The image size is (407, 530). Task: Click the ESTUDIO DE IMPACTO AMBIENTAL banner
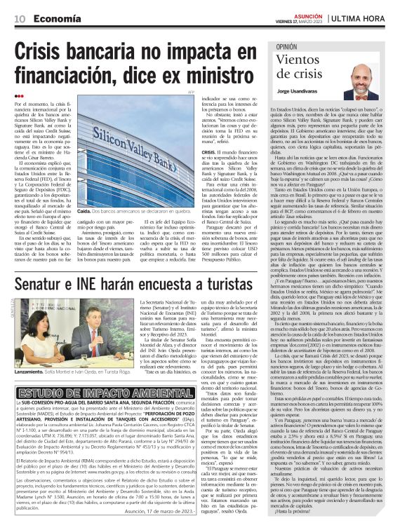(x=93, y=393)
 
